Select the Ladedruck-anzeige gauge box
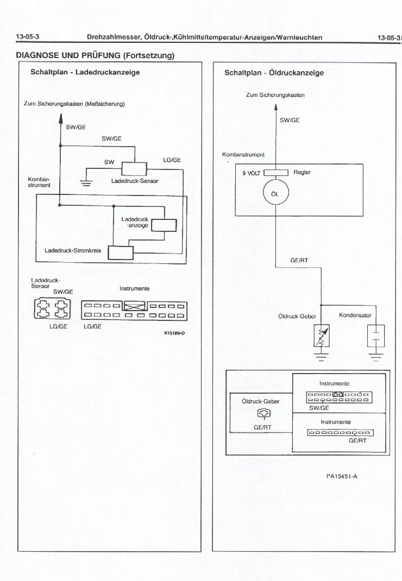(163, 225)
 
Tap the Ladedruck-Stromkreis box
(121, 252)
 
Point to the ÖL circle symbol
(275, 194)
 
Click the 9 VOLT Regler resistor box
(275, 173)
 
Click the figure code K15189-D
(175, 333)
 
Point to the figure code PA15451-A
(342, 476)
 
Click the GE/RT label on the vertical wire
(299, 260)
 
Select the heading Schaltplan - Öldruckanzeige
(274, 73)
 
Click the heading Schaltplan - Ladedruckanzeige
(85, 72)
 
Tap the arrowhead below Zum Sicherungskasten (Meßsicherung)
(60, 117)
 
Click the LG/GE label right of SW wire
(172, 160)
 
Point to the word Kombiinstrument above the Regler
(243, 155)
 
